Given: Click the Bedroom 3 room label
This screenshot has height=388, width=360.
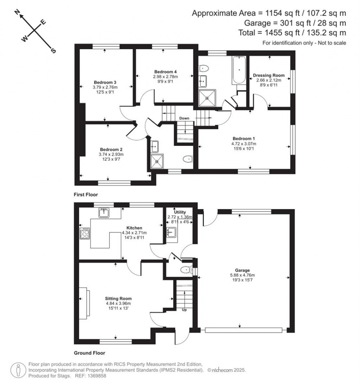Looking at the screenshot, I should coord(105,83).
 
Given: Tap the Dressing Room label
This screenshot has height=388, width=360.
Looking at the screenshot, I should coord(269,75).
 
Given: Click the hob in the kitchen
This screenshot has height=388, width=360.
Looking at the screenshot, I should coord(85,233).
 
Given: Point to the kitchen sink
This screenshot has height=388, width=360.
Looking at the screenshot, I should coord(104,213).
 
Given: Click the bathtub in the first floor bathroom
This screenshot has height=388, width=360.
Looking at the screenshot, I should coord(239,70).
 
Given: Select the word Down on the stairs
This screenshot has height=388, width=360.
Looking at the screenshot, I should coord(184,118).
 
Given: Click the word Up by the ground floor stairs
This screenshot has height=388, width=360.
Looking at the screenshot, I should coord(184,310).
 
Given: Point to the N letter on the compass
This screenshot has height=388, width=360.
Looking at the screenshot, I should coord(17,13).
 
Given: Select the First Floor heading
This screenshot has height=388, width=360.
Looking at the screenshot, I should coord(86,194).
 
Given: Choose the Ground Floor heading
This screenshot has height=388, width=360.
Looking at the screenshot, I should coord(89,353).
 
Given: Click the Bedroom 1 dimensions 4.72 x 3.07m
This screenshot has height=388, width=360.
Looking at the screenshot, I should coord(243,144).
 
